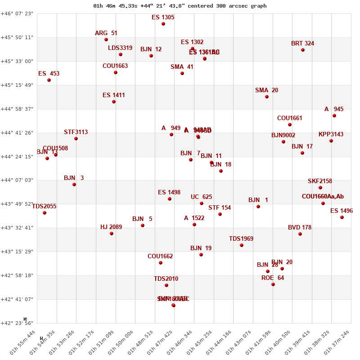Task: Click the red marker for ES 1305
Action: [163, 24]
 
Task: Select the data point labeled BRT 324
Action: [303, 50]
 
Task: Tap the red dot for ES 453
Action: [49, 80]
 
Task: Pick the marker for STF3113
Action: [76, 139]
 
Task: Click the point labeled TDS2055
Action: [45, 213]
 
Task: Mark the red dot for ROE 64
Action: [273, 284]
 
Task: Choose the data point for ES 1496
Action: [342, 217]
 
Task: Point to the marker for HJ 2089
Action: [112, 234]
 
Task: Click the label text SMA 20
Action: [266, 90]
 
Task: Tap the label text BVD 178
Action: [300, 228]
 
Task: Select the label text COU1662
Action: [160, 256]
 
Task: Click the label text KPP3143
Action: [331, 135]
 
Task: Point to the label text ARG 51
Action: [106, 33]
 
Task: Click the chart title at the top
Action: [180, 6]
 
